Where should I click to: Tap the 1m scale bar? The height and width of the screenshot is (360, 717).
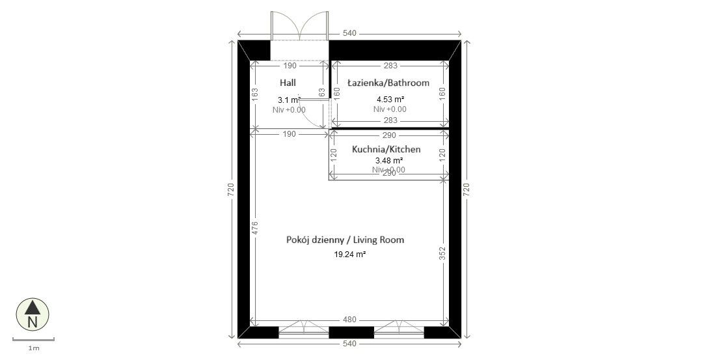click(x=33, y=339)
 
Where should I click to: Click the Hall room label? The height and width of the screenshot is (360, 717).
click(x=288, y=83)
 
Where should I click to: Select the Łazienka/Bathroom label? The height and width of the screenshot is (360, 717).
click(x=388, y=83)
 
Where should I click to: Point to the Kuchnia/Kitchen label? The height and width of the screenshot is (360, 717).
click(x=386, y=149)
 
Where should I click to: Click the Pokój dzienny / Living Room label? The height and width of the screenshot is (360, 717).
click(x=345, y=240)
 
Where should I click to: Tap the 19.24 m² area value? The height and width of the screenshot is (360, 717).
click(x=349, y=255)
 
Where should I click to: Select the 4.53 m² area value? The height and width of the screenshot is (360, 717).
click(x=390, y=99)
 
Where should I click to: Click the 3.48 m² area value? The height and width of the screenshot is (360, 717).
click(x=389, y=160)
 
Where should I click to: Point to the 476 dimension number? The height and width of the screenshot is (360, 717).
click(x=256, y=227)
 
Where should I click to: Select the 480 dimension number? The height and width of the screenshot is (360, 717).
click(x=349, y=320)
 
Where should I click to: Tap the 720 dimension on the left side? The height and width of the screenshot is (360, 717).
click(x=231, y=189)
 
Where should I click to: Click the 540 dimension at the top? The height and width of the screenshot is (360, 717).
click(x=349, y=33)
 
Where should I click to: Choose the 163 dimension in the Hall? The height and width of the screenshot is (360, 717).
click(x=256, y=94)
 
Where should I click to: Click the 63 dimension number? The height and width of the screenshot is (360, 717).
click(x=321, y=93)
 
